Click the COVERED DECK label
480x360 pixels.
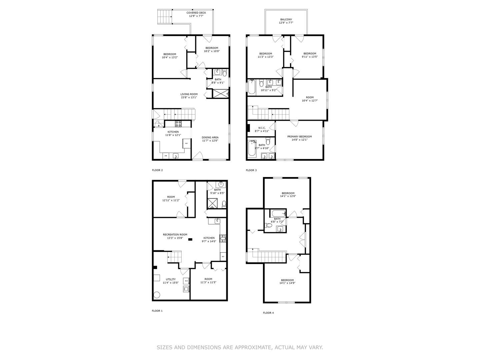196,13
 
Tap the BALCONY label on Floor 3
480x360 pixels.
285,20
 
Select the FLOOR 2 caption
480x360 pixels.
157,170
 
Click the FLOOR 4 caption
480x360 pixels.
268,313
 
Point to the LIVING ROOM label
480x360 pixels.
189,94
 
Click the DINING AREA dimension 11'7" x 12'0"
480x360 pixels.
210,141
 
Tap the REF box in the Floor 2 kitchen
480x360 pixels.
186,143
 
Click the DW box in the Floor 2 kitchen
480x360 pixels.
166,156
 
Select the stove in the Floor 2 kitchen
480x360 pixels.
178,124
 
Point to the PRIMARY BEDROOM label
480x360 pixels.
299,137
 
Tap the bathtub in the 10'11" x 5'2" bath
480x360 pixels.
252,87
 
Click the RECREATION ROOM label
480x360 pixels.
175,235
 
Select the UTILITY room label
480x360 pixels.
171,279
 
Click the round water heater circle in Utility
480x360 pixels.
157,295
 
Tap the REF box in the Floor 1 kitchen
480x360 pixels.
223,256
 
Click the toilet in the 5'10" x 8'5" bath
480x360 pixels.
224,203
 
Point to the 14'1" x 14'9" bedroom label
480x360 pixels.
287,280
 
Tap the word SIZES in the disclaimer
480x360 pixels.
165,348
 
